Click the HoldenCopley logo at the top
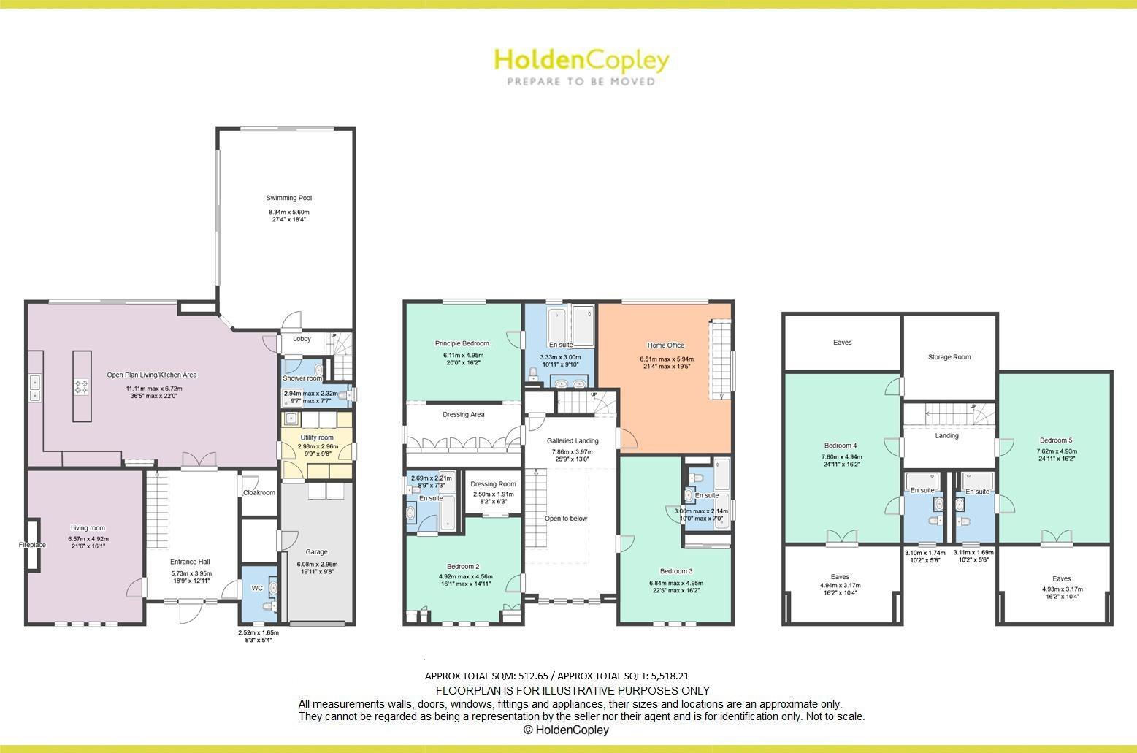pyautogui.click(x=581, y=66)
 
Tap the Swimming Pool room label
pyautogui.click(x=289, y=198)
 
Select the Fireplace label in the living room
pyautogui.click(x=32, y=545)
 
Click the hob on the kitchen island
pyautogui.click(x=82, y=386)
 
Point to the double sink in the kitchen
pyautogui.click(x=34, y=389)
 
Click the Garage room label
pyautogui.click(x=316, y=552)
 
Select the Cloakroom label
pyautogui.click(x=259, y=492)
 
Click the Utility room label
pyautogui.click(x=317, y=437)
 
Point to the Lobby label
pyautogui.click(x=302, y=339)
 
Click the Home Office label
pyautogui.click(x=665, y=345)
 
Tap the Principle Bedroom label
pyautogui.click(x=462, y=343)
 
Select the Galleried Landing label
pyautogui.click(x=573, y=440)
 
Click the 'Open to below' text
pyautogui.click(x=566, y=519)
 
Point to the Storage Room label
pyautogui.click(x=949, y=357)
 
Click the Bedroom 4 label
pyautogui.click(x=840, y=446)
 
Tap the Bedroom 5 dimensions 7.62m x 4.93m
pyautogui.click(x=1057, y=451)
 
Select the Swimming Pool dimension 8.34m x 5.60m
pyautogui.click(x=289, y=212)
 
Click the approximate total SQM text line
pyautogui.click(x=556, y=676)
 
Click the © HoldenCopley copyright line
pyautogui.click(x=566, y=730)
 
